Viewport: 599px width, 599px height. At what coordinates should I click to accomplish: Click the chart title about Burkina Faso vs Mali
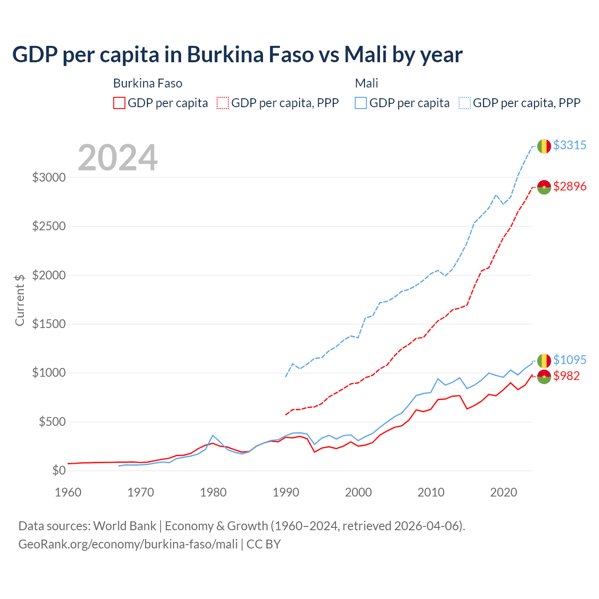(237, 55)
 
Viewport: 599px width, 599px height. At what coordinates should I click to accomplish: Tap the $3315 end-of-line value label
(570, 145)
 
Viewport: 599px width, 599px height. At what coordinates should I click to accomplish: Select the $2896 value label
(570, 186)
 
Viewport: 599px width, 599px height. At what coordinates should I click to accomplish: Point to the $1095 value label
(570, 360)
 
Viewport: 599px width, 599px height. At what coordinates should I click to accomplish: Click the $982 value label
(566, 376)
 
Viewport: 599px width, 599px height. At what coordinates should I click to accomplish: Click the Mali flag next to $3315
(544, 146)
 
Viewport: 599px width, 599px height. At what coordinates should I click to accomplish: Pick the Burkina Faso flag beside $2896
(544, 187)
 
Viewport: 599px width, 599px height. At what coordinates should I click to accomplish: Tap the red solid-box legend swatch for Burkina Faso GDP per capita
(119, 103)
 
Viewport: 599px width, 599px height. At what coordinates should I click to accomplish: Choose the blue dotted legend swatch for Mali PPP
(465, 103)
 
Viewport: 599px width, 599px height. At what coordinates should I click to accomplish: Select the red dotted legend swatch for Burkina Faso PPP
(223, 103)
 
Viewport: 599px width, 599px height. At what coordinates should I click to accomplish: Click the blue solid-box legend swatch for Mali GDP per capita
(361, 103)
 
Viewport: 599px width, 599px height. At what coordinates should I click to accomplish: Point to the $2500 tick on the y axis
(49, 226)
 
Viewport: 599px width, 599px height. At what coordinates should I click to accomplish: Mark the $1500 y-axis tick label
(49, 324)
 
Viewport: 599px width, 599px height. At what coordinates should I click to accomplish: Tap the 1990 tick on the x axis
(286, 492)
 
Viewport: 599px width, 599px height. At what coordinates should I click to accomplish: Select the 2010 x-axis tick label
(431, 492)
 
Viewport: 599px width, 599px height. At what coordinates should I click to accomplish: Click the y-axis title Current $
(20, 300)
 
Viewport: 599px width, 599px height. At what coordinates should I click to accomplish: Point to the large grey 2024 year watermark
(117, 158)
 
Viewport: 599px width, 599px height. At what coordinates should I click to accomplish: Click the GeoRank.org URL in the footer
(128, 544)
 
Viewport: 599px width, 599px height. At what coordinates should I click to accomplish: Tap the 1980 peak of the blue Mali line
(213, 435)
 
